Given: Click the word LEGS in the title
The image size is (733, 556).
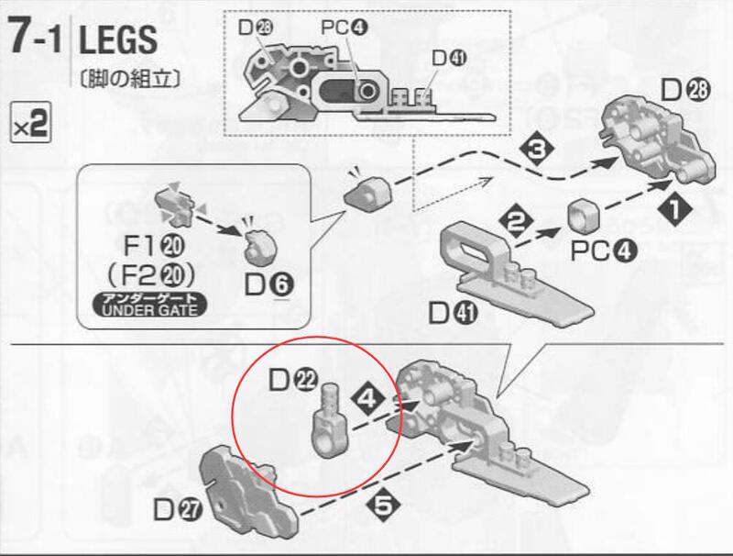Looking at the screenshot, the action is click(118, 40).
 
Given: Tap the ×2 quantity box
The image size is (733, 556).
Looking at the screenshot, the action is click(30, 122).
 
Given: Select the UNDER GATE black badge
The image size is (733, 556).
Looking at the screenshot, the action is click(149, 306).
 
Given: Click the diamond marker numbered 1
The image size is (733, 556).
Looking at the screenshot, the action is click(674, 211).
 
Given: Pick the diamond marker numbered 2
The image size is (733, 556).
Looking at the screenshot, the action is click(516, 223).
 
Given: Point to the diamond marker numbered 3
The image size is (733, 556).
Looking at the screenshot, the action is click(537, 150).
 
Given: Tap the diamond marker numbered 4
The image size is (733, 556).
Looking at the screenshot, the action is click(368, 400).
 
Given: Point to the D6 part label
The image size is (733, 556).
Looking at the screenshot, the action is click(268, 285).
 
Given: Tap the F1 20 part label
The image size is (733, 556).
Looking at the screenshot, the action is click(153, 247).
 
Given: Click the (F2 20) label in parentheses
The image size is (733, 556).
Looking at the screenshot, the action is click(151, 277).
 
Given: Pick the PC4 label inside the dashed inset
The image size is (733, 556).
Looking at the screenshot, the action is click(345, 28).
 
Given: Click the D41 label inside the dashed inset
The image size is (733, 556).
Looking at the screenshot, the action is click(449, 58).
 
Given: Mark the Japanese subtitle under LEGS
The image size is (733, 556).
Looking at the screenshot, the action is click(130, 79).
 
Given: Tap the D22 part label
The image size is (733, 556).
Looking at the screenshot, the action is click(293, 381).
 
